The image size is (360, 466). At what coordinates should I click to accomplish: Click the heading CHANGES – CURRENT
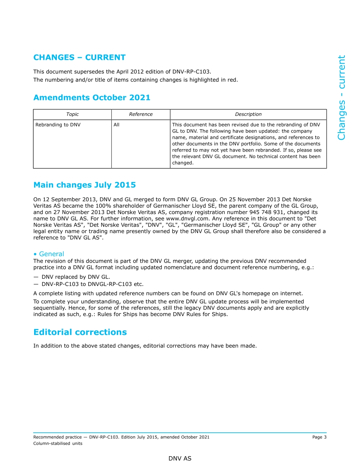pos(79,58)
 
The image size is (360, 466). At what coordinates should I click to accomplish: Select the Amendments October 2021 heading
pos(92,98)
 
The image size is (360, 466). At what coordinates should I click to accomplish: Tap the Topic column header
pos(72,114)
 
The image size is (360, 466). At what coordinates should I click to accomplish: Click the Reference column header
pos(141,114)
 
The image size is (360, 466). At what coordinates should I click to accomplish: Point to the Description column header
pos(248,114)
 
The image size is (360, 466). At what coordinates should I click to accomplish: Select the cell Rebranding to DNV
pos(58,125)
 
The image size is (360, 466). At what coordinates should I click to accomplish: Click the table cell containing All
pos(116,125)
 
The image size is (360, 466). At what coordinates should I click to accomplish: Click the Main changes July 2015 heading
pos(85,185)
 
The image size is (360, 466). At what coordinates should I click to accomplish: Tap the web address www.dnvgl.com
pos(186,219)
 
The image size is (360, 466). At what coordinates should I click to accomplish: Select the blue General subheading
pos(52,254)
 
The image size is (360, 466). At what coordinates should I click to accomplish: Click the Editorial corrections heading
pos(80,332)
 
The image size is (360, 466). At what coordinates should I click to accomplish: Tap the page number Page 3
pos(319,437)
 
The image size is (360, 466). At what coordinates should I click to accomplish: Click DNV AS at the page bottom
pos(180,458)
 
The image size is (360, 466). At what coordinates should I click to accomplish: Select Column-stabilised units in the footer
pos(58,444)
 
